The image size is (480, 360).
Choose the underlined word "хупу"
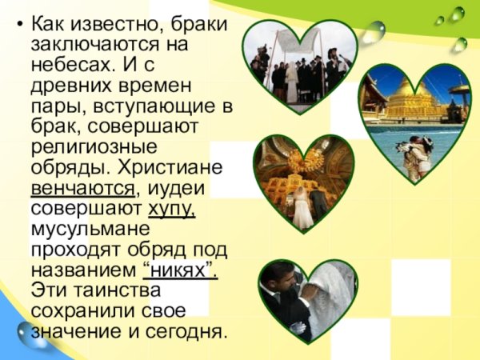click(171, 210)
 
